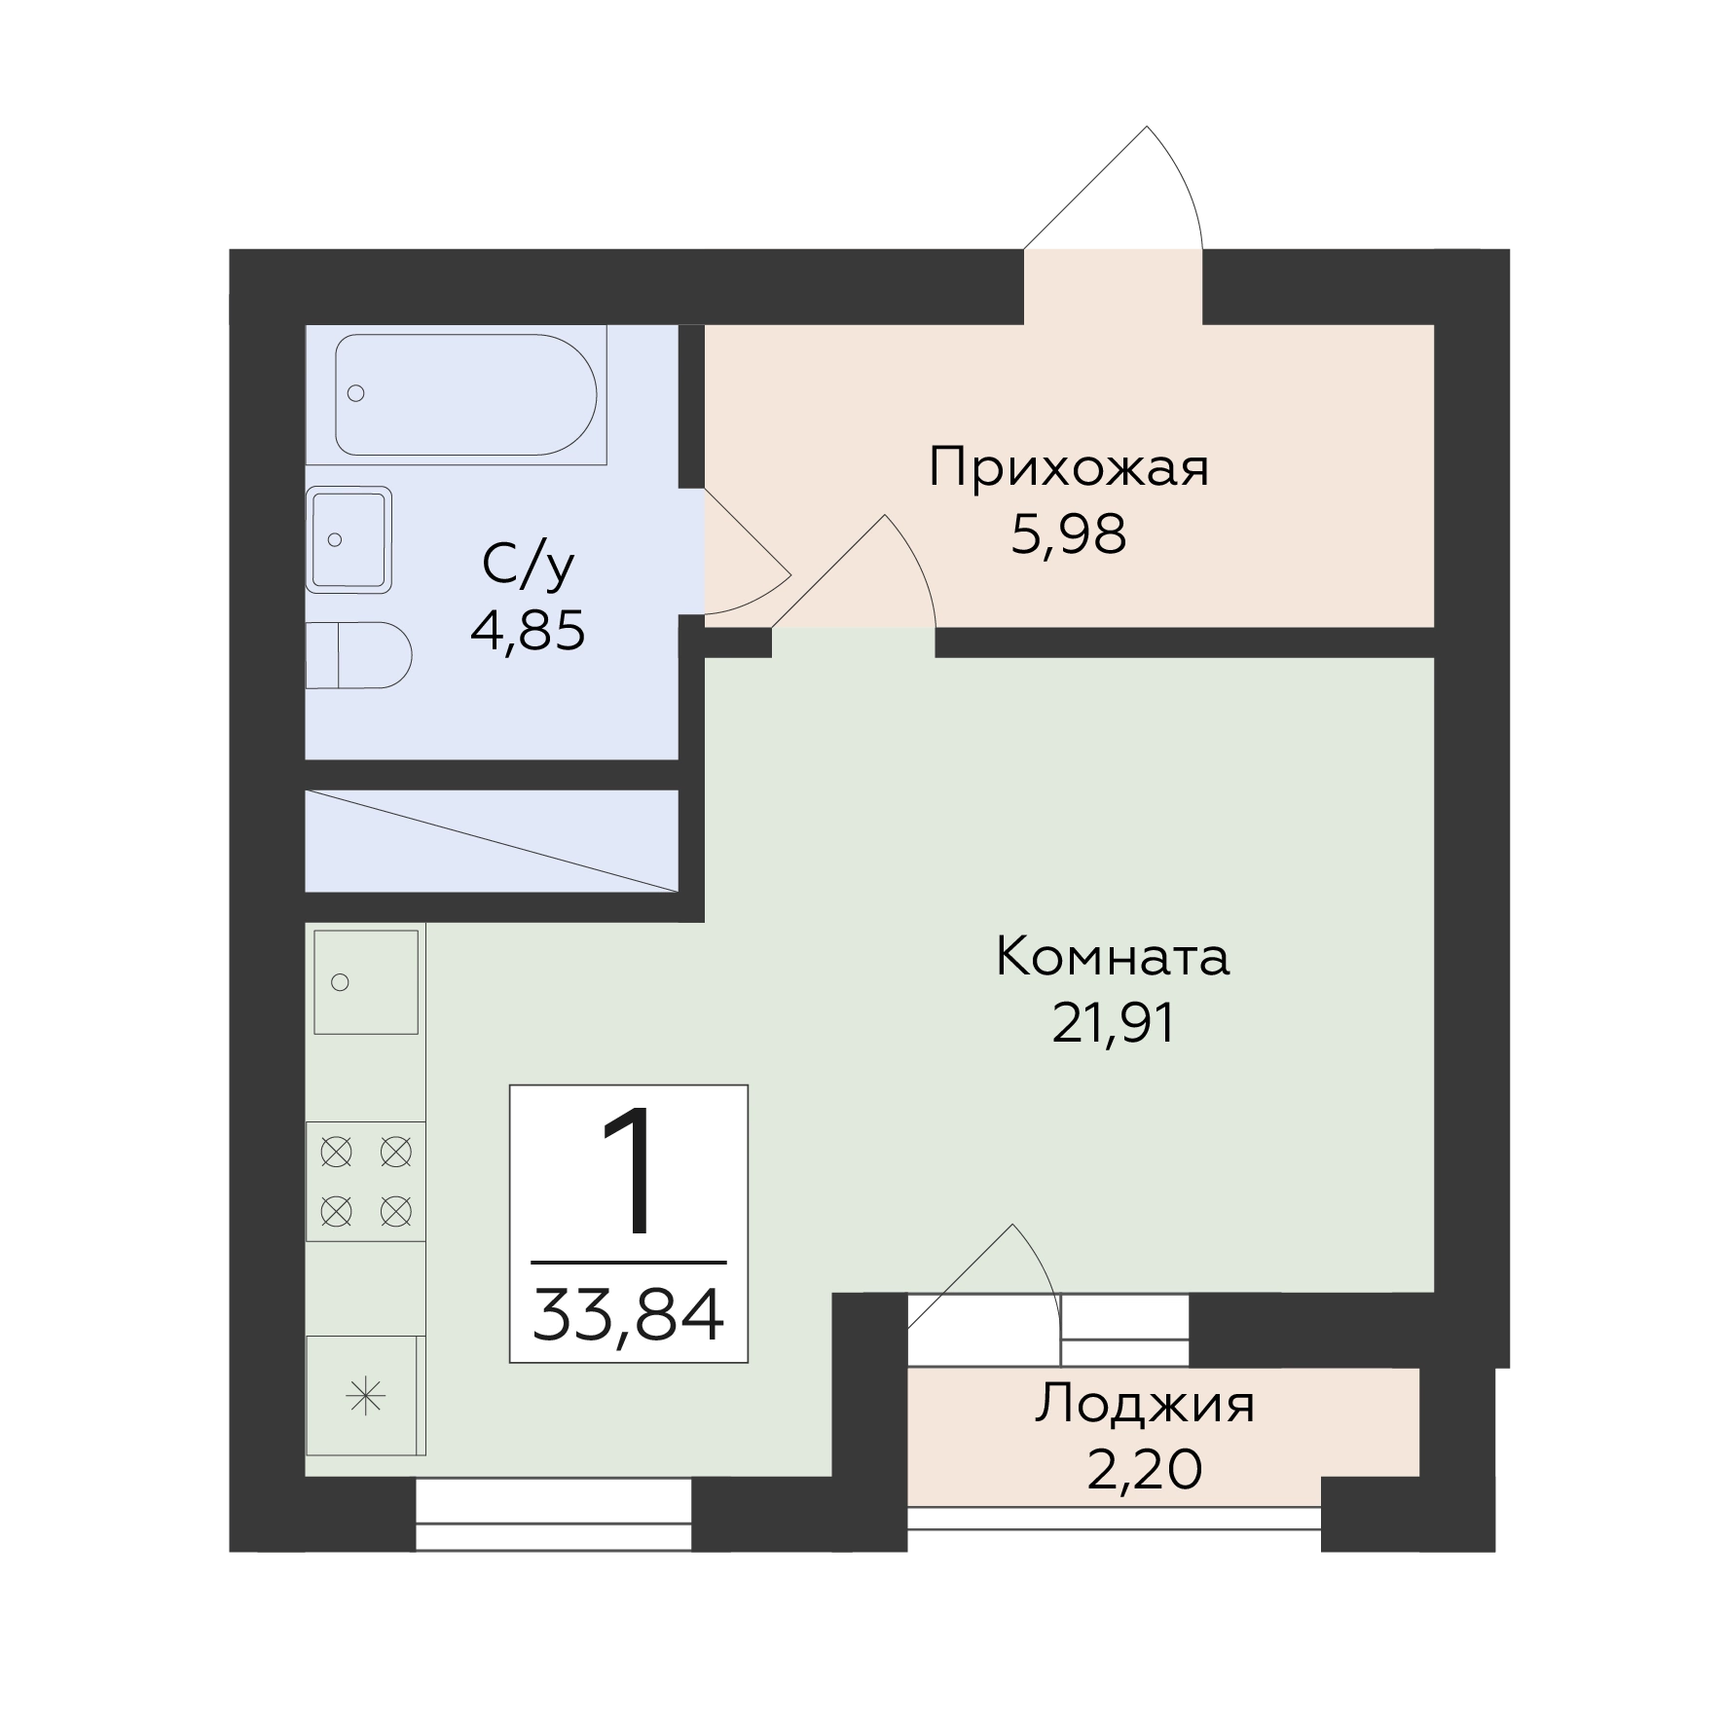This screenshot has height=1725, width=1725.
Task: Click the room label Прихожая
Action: [x=1069, y=468]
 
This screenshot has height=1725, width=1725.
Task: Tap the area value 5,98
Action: [x=1069, y=534]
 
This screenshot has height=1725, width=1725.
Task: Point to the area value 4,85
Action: [x=528, y=631]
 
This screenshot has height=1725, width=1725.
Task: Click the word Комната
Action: [x=1113, y=957]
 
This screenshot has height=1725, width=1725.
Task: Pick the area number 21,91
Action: [x=1114, y=1023]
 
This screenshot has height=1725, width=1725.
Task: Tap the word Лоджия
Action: [x=1145, y=1405]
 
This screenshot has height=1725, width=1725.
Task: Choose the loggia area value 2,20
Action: [x=1145, y=1470]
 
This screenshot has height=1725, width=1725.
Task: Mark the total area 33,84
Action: [x=628, y=1314]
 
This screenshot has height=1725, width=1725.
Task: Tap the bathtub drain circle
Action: [x=356, y=393]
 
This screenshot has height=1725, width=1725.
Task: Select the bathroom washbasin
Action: [x=349, y=539]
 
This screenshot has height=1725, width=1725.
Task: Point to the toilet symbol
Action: [x=358, y=655]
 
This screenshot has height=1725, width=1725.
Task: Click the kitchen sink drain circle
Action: [x=340, y=982]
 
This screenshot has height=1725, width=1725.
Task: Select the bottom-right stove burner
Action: [x=395, y=1212]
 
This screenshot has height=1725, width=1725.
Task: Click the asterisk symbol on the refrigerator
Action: [x=366, y=1399]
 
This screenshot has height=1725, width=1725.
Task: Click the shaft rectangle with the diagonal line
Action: [x=492, y=840]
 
